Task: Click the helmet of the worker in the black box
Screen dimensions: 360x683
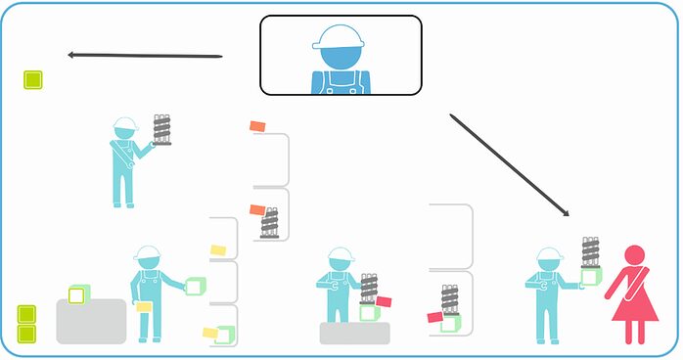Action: coord(338,36)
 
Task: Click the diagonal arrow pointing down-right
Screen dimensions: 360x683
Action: coord(509,165)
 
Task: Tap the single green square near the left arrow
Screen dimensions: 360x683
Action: coord(32,79)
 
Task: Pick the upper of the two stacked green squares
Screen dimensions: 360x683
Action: coord(26,314)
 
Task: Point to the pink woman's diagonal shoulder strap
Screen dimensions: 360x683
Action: coord(627,289)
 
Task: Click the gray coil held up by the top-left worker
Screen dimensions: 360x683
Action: coord(162,128)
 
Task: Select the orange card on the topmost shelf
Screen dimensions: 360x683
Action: coord(258,126)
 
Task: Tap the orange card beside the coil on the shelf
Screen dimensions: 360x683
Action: coord(257,209)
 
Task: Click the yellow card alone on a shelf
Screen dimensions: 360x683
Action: coord(219,250)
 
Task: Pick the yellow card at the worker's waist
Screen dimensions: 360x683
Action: coord(145,306)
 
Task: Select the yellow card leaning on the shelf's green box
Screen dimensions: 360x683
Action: coord(209,333)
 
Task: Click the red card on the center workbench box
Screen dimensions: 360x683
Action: coord(384,301)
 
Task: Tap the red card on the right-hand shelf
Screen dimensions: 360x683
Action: coord(435,316)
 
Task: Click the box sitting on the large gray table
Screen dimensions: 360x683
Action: coord(78,293)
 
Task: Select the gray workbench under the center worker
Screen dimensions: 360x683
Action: coord(354,334)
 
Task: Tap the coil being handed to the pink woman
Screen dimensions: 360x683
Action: coord(590,251)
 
